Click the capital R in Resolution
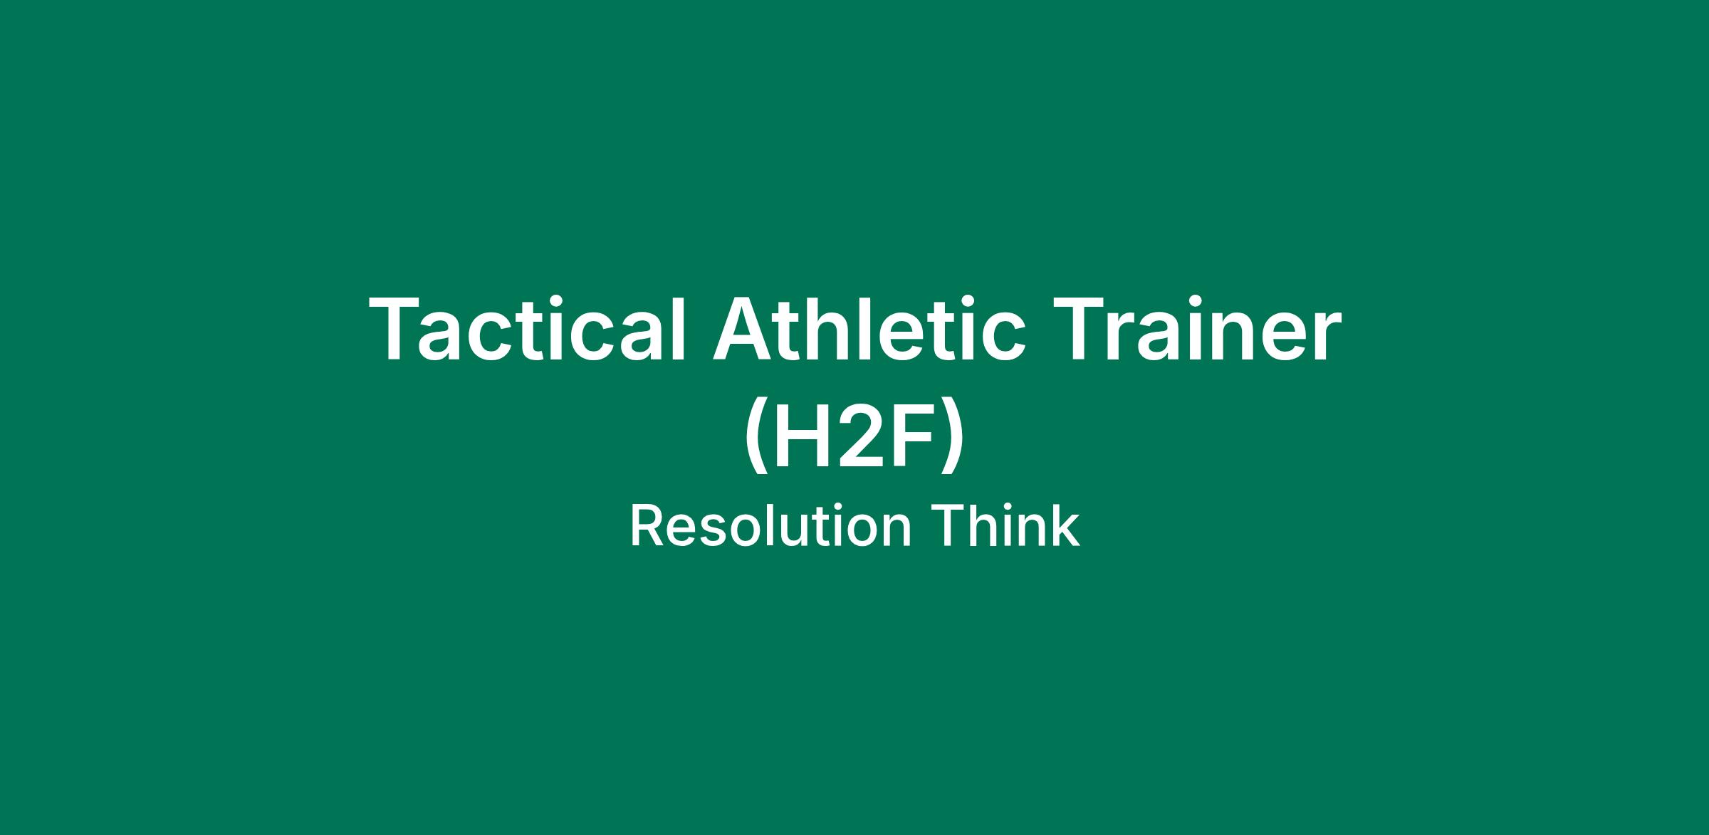(647, 527)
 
